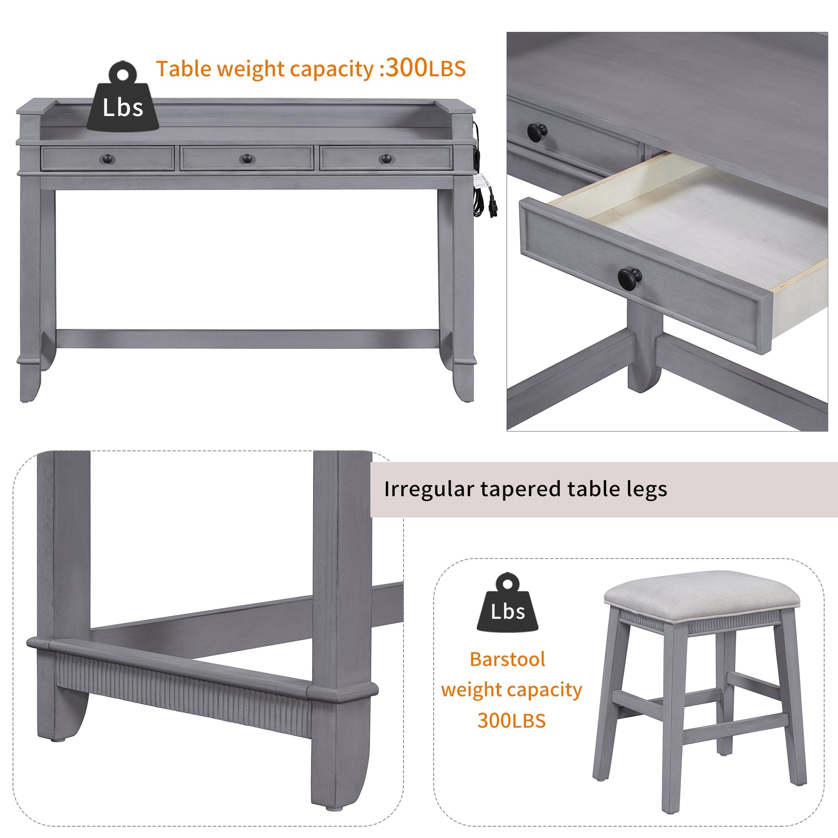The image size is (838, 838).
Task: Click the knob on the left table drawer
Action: tap(108, 159)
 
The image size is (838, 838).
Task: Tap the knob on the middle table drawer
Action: tap(247, 159)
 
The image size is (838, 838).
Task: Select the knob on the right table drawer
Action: tap(385, 159)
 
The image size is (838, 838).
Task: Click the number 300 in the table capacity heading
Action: tap(407, 68)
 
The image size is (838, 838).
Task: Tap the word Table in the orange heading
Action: tap(184, 69)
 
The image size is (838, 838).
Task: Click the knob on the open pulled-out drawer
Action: tap(630, 277)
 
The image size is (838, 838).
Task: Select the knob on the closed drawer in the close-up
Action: tap(537, 130)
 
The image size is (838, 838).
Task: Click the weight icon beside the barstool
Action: tap(507, 604)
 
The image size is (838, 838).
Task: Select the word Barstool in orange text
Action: tap(507, 659)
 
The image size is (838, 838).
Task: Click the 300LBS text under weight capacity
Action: tap(511, 721)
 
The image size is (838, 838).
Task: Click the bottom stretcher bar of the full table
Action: tap(247, 339)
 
